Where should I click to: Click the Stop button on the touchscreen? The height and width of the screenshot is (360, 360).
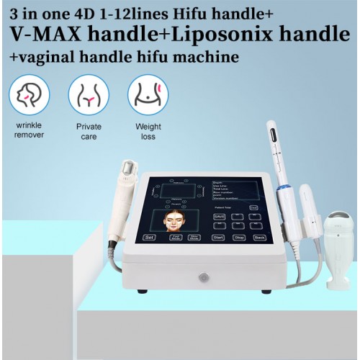239,236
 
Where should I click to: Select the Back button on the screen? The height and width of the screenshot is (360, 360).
259,236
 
